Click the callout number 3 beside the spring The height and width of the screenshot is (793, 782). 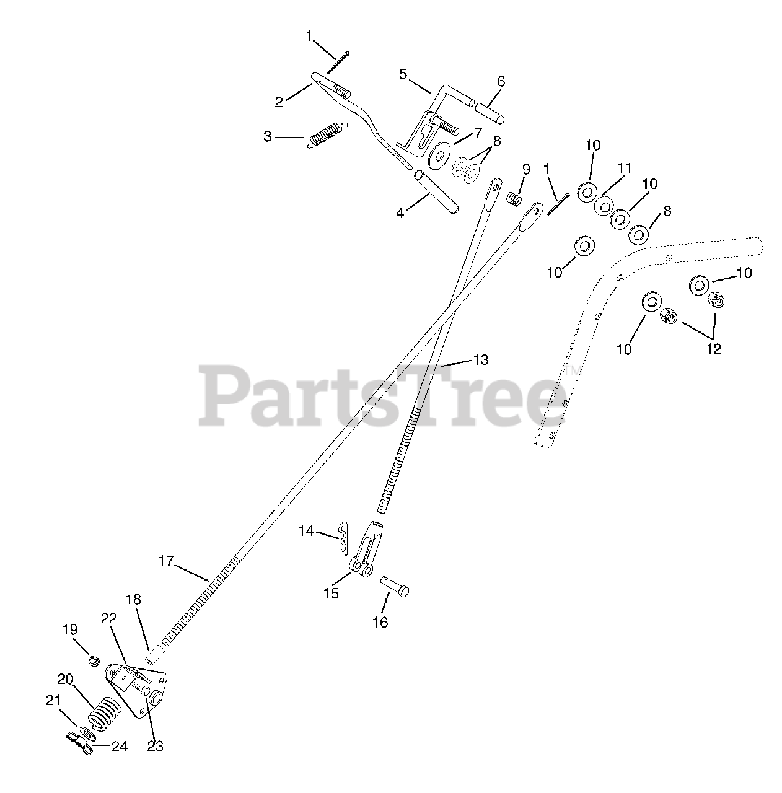267,136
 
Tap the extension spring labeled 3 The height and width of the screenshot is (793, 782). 327,134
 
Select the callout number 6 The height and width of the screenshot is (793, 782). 501,81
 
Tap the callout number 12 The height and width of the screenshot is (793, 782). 713,349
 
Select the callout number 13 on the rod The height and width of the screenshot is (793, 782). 480,359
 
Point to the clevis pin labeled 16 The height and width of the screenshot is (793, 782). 394,585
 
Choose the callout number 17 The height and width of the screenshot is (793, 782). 165,561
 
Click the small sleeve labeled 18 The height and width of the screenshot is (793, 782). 156,655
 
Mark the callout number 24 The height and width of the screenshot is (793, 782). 120,747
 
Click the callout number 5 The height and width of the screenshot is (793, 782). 403,74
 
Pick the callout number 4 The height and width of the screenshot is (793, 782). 400,212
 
